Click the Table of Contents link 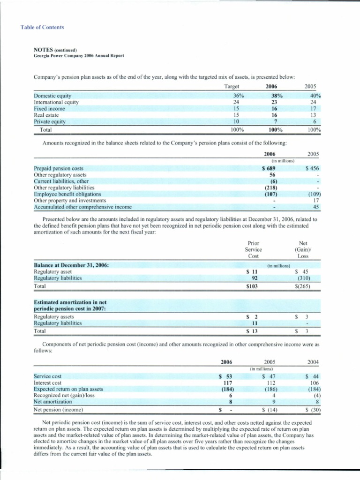pos(42,27)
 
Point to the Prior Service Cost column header pos(254,249)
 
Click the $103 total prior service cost pos(253,285)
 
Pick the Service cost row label pos(48,376)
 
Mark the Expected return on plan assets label pos(68,389)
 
